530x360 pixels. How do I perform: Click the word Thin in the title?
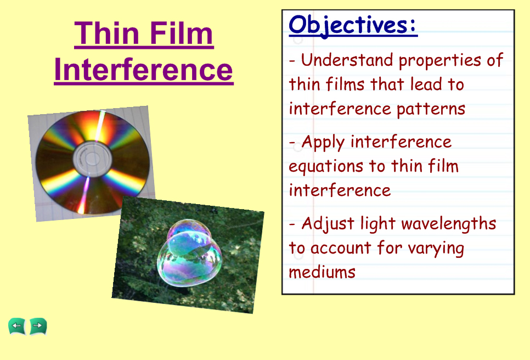(107, 33)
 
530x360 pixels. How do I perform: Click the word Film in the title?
(181, 33)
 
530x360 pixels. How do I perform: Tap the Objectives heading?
(353, 26)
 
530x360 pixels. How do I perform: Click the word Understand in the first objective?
(347, 60)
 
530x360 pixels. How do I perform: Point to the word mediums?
(322, 272)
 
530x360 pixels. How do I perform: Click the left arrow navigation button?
(16, 326)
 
